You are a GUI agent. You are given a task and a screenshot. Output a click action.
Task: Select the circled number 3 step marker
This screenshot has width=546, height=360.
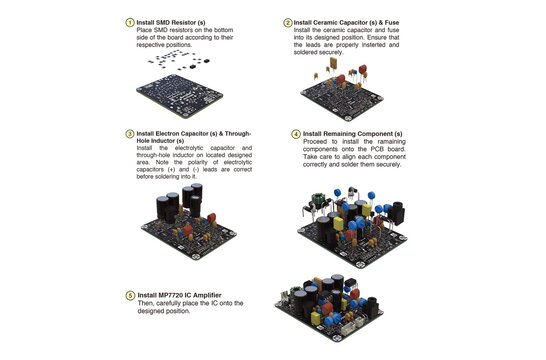pyautogui.click(x=127, y=133)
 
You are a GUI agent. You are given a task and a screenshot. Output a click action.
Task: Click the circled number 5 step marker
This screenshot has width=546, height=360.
pyautogui.click(x=127, y=295)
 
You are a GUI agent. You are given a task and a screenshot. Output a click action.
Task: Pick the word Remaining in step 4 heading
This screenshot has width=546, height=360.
pyautogui.click(x=343, y=133)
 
